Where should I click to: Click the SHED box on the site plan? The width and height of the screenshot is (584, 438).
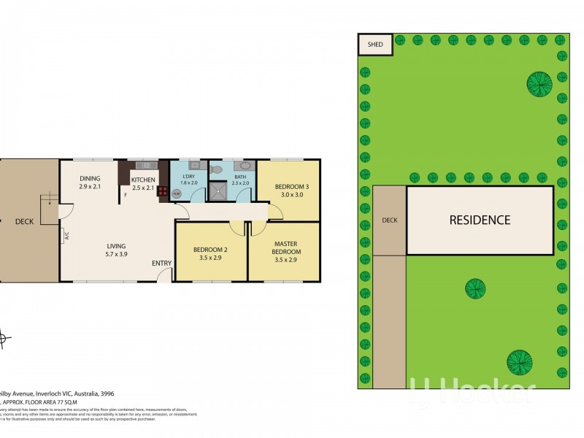[x=375, y=44]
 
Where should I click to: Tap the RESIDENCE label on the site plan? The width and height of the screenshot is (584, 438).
[x=479, y=220]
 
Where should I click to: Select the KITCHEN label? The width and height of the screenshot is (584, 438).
[x=143, y=180]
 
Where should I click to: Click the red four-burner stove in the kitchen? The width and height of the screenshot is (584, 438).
[x=163, y=194]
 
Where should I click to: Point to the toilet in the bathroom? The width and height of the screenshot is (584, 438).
[x=215, y=169]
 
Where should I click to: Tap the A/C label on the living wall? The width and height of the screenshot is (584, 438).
[x=66, y=236]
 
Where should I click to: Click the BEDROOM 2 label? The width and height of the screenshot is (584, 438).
[x=210, y=250]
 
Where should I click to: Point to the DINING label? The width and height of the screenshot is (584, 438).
[x=90, y=179]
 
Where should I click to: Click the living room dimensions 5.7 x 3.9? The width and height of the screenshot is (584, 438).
[x=116, y=254]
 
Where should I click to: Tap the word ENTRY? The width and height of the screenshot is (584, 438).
[x=162, y=264]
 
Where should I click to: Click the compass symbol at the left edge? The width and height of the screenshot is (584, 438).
[x=3, y=338]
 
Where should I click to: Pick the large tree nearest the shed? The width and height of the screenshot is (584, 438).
[x=539, y=83]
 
